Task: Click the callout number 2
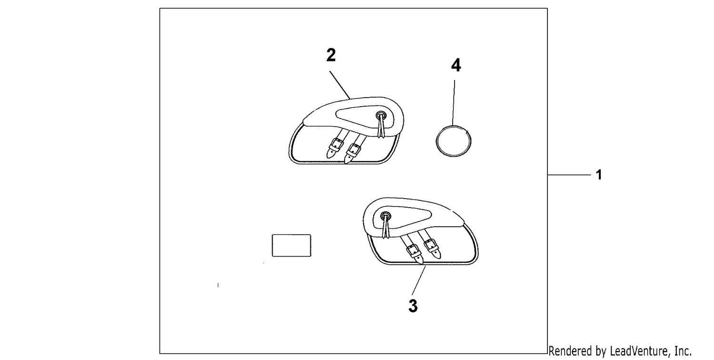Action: pyautogui.click(x=331, y=55)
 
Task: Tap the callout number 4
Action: pyautogui.click(x=456, y=65)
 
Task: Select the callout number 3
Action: pyautogui.click(x=413, y=306)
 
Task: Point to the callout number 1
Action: pyautogui.click(x=599, y=175)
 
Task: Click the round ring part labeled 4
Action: pyautogui.click(x=436, y=141)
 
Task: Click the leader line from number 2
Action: pyautogui.click(x=340, y=85)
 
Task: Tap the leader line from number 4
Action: pyautogui.click(x=454, y=103)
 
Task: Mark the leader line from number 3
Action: pyautogui.click(x=418, y=280)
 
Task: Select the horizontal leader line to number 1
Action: pyautogui.click(x=569, y=175)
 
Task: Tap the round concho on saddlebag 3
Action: pyautogui.click(x=386, y=216)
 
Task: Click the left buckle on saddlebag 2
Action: pyautogui.click(x=336, y=145)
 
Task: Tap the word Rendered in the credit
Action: pyautogui.click(x=570, y=351)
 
